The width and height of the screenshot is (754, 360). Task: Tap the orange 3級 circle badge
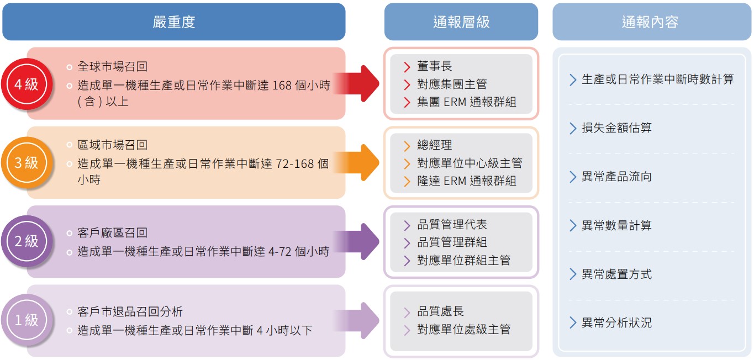pos(26,162)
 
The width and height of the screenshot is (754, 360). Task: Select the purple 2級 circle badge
pos(26,241)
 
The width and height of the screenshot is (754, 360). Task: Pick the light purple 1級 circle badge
pos(26,320)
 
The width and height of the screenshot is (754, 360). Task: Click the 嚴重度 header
pos(174,22)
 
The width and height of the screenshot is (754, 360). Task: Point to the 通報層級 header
pos(461,22)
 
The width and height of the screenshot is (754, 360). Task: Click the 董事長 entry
pos(434,66)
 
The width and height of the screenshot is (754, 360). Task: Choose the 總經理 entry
pos(434,145)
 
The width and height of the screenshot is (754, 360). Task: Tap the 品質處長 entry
pos(440,311)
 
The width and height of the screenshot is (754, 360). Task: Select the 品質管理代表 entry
pos(452,225)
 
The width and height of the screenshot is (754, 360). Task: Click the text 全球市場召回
pos(112,67)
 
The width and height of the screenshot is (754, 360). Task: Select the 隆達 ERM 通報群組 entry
pos(467,181)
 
